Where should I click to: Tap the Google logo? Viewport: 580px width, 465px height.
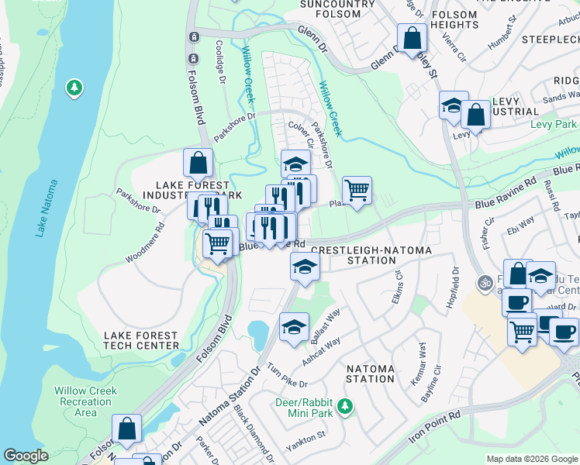tap(26, 456)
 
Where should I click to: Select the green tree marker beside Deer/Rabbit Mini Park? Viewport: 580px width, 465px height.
tap(346, 406)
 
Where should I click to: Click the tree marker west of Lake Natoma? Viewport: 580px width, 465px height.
tap(74, 88)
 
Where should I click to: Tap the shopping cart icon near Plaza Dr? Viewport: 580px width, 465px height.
tap(357, 190)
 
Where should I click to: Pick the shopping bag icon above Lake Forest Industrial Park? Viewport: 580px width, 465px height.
tap(198, 163)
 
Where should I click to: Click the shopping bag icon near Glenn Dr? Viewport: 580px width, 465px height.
tap(413, 37)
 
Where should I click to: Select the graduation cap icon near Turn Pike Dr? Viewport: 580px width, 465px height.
tap(294, 328)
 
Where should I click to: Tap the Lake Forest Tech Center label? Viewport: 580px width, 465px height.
tap(142, 339)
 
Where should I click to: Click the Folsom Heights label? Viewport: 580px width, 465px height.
tap(454, 19)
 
